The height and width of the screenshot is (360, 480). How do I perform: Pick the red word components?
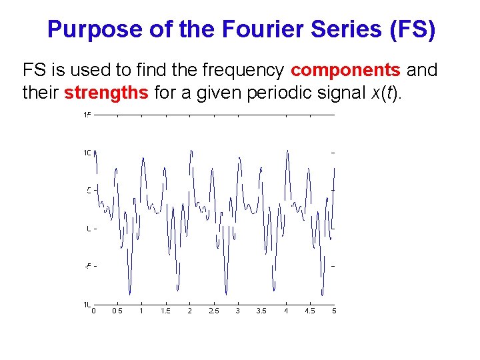[345, 70]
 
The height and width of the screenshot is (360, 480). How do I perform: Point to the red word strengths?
[106, 93]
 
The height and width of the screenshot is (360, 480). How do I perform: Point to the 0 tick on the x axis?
[94, 311]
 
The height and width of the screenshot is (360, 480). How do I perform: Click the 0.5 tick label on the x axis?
[117, 311]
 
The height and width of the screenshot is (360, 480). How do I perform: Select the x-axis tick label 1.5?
[165, 311]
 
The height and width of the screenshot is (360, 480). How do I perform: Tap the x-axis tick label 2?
[190, 311]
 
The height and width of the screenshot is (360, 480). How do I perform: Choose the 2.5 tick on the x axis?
[213, 311]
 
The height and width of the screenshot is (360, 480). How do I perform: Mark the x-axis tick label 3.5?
[261, 311]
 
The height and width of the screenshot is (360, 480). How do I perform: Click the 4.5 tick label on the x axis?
[310, 311]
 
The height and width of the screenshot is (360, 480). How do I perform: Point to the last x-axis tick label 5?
[334, 311]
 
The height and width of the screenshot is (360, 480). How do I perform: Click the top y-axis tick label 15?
[87, 115]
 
